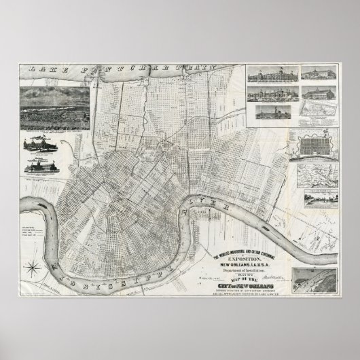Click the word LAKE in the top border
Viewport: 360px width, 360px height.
[x=42, y=70]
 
